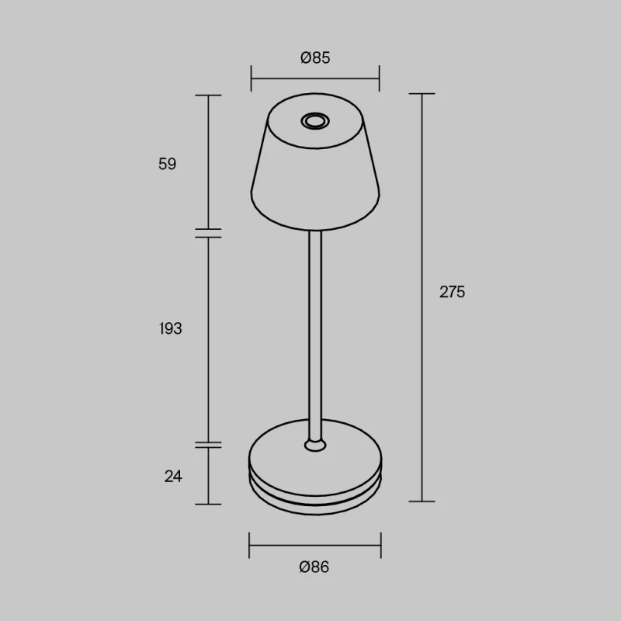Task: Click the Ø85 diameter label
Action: pos(315,57)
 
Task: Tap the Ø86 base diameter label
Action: pos(314,567)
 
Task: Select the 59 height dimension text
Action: pos(167,164)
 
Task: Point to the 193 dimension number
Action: pos(170,328)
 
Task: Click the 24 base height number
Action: pos(173,476)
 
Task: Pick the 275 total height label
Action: pos(453,292)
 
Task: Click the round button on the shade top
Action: pos(315,121)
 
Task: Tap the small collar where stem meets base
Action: pos(315,445)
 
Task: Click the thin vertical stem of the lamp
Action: pos(315,335)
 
